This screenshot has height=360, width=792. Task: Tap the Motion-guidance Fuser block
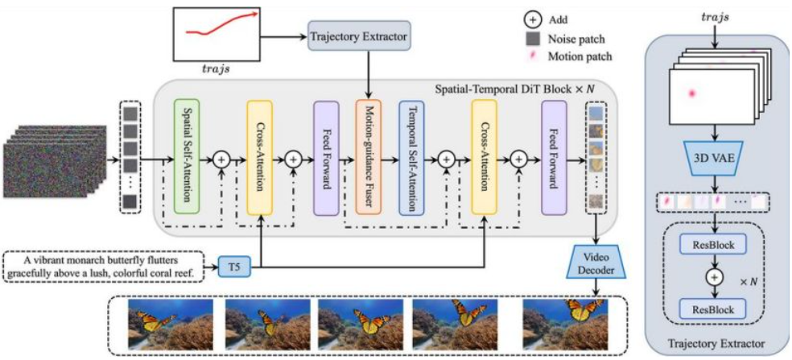(x=368, y=158)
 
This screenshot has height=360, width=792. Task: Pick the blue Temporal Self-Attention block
(x=411, y=158)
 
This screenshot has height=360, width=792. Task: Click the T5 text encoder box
(x=234, y=266)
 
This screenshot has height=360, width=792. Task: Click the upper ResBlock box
(x=714, y=246)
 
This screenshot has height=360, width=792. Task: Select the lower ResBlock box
(x=714, y=307)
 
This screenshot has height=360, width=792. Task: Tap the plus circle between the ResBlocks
(x=714, y=276)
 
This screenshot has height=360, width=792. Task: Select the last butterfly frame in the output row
(x=566, y=324)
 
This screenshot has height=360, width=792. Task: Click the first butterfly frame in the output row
(x=170, y=324)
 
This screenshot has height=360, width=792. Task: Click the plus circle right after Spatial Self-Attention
(x=221, y=159)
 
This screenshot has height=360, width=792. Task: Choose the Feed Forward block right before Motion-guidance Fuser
(x=326, y=158)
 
